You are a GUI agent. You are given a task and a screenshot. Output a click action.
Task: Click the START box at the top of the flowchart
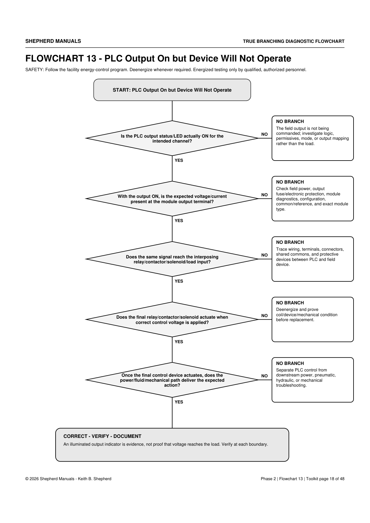pos(172,90)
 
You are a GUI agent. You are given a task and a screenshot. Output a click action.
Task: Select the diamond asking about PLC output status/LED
pos(172,138)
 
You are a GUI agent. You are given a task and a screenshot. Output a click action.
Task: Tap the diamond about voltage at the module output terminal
pos(172,199)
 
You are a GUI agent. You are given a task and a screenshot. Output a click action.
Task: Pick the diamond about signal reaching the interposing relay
pos(172,259)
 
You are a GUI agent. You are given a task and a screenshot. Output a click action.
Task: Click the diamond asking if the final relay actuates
pos(172,319)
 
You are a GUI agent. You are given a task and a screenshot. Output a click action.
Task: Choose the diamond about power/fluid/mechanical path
pos(172,380)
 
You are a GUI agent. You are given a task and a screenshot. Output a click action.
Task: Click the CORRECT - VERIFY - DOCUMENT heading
pos(102,436)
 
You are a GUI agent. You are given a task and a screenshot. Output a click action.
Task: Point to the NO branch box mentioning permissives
pos(313,138)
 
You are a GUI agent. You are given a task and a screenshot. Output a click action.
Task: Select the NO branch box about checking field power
pos(313,199)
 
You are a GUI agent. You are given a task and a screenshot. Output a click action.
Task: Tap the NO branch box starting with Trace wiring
pos(313,259)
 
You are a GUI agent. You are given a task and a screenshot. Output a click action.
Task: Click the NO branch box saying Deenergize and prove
pos(313,319)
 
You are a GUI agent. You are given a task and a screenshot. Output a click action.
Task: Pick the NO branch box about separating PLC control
pos(313,380)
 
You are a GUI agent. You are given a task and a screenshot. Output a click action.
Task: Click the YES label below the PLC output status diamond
pos(179,160)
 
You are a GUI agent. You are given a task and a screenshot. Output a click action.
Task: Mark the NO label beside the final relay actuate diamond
pos(264,316)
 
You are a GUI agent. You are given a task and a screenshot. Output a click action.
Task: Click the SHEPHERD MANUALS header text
pos(53,41)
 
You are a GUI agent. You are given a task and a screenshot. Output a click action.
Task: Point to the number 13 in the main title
pos(91,58)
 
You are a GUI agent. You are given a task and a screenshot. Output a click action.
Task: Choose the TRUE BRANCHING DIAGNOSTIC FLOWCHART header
pos(294,41)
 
